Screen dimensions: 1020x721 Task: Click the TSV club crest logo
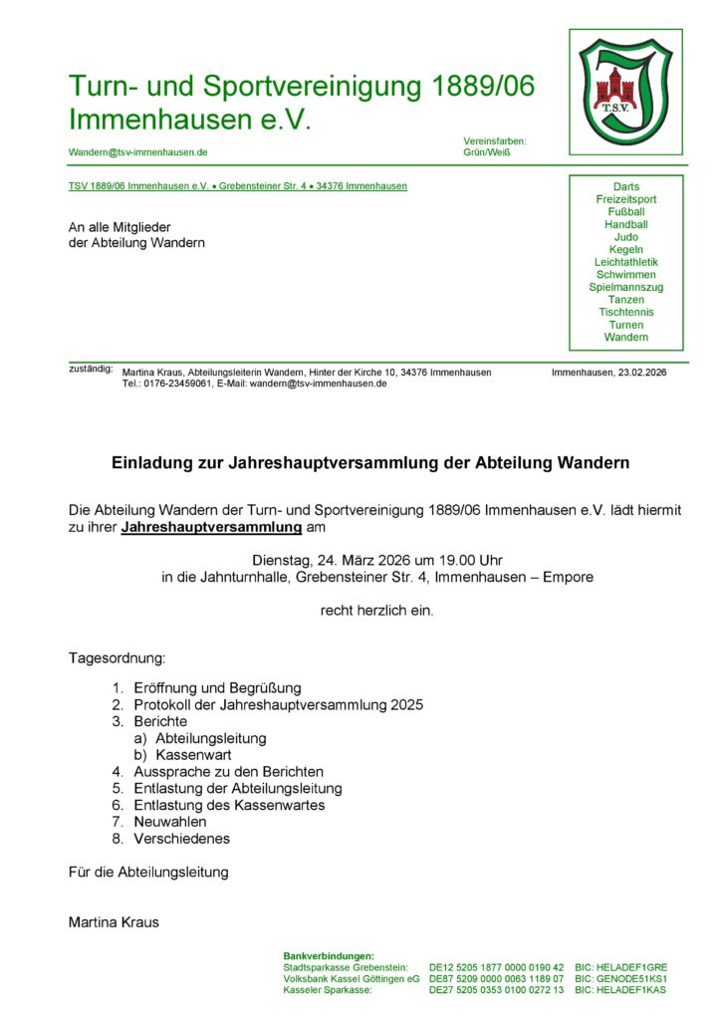click(x=625, y=89)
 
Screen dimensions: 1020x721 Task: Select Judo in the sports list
click(x=625, y=237)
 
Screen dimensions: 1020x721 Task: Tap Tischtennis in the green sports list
click(x=625, y=312)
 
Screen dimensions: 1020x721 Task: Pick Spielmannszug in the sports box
click(x=625, y=287)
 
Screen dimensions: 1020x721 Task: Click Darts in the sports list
click(x=625, y=186)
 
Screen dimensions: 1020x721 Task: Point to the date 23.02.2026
click(x=641, y=373)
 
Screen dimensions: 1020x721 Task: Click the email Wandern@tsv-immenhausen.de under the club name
click(x=137, y=152)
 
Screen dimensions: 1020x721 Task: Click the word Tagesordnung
click(x=118, y=658)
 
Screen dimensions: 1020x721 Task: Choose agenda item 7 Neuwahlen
click(x=169, y=822)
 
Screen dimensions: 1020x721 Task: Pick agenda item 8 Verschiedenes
click(x=181, y=839)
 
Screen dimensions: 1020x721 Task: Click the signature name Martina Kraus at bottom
click(x=114, y=922)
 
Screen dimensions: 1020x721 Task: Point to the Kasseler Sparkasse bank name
click(x=328, y=990)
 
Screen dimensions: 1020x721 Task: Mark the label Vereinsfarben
click(x=495, y=141)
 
